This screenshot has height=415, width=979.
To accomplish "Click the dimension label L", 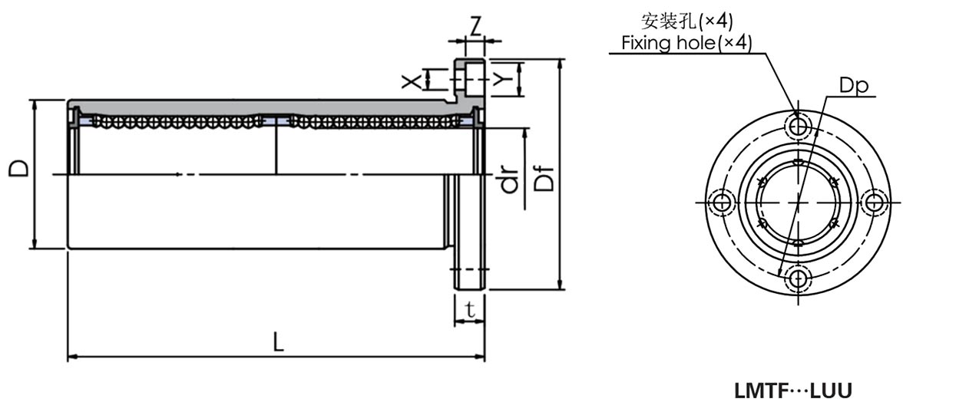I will pos(279,341).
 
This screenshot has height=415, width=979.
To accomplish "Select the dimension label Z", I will pos(475,28).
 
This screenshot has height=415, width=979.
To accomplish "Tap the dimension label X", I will pos(415,78).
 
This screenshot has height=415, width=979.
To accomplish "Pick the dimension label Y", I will pos(503,78).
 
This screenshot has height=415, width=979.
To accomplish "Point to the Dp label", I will pos(853,86).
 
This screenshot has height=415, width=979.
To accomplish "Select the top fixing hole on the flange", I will pos(799,124).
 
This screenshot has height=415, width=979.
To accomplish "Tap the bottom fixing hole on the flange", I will pos(799,278).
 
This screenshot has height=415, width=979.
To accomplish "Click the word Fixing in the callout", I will pos(645,42).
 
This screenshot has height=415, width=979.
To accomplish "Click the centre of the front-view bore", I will pos(799,202).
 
